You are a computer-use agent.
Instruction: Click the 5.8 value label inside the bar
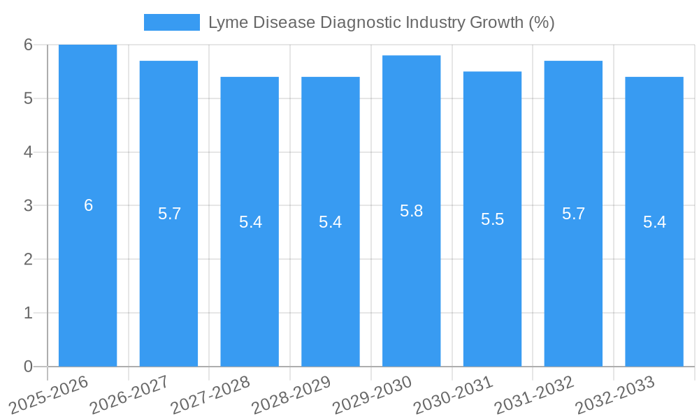point(411,211)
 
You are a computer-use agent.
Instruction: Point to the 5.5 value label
point(492,219)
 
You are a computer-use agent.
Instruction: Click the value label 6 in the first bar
point(88,205)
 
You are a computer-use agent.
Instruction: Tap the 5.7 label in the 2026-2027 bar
point(169,214)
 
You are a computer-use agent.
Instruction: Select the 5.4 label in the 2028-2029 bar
point(330,222)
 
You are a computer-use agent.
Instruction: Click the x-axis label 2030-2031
point(454,395)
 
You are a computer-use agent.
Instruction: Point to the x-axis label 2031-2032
point(535,395)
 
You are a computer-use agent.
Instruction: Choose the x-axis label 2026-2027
point(130,395)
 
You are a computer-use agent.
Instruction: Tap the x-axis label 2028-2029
point(291,395)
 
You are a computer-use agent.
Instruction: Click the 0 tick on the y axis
point(28,367)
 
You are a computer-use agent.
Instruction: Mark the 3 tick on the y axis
point(28,205)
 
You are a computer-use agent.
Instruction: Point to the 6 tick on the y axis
point(28,45)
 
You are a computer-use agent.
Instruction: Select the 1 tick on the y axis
point(28,313)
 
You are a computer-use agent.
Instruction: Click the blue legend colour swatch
point(171,22)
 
